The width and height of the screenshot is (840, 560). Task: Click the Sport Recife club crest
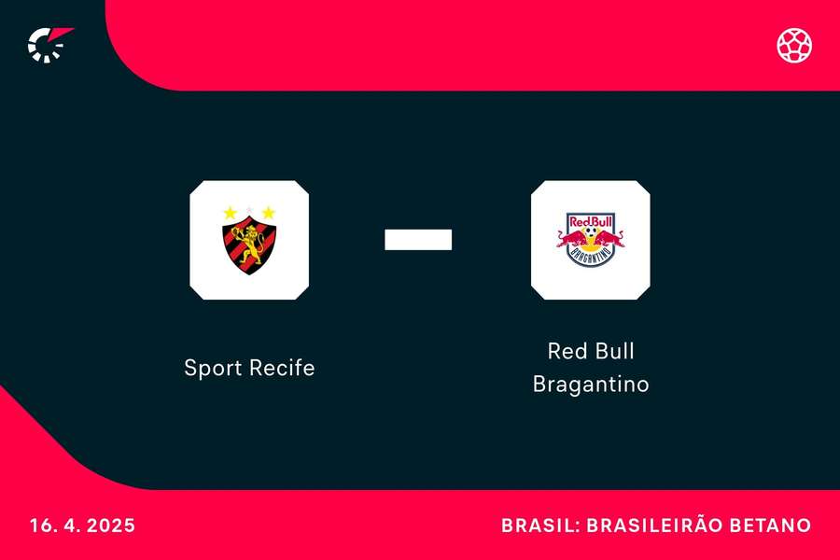point(249,241)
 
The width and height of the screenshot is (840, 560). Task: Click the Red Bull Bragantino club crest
point(590,241)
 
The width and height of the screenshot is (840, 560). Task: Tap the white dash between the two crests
point(418,240)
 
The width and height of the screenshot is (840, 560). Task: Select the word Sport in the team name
point(211,368)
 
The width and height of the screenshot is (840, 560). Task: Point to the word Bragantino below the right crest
point(590,384)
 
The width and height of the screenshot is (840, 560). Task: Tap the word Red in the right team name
point(565,352)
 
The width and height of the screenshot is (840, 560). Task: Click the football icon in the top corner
point(794,45)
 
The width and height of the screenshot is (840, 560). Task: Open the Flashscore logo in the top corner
point(49,44)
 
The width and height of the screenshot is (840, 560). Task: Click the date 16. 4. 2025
point(81,525)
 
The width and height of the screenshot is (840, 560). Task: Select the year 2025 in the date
point(111,525)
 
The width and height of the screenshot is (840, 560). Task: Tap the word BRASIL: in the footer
point(539,525)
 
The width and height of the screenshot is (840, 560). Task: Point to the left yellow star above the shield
point(231,213)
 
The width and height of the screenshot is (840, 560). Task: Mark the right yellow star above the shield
point(268,213)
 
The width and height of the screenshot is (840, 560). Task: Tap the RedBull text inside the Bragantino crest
point(590,221)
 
